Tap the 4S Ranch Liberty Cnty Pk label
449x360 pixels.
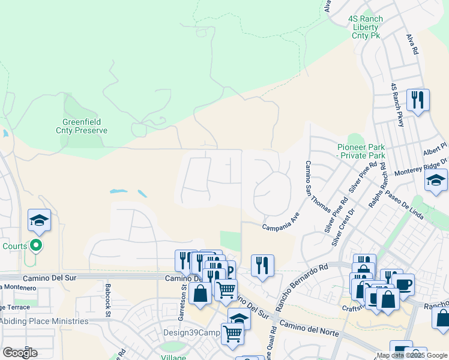[366, 28]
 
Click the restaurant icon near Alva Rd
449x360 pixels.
[418, 100]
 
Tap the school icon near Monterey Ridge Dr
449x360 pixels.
[436, 180]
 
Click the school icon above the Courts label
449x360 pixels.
[39, 220]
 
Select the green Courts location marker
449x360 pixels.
[36, 245]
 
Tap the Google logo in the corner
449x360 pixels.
[20, 352]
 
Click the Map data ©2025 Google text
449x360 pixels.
[412, 355]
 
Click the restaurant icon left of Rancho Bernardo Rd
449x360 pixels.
[262, 265]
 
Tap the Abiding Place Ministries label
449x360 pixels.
[44, 321]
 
